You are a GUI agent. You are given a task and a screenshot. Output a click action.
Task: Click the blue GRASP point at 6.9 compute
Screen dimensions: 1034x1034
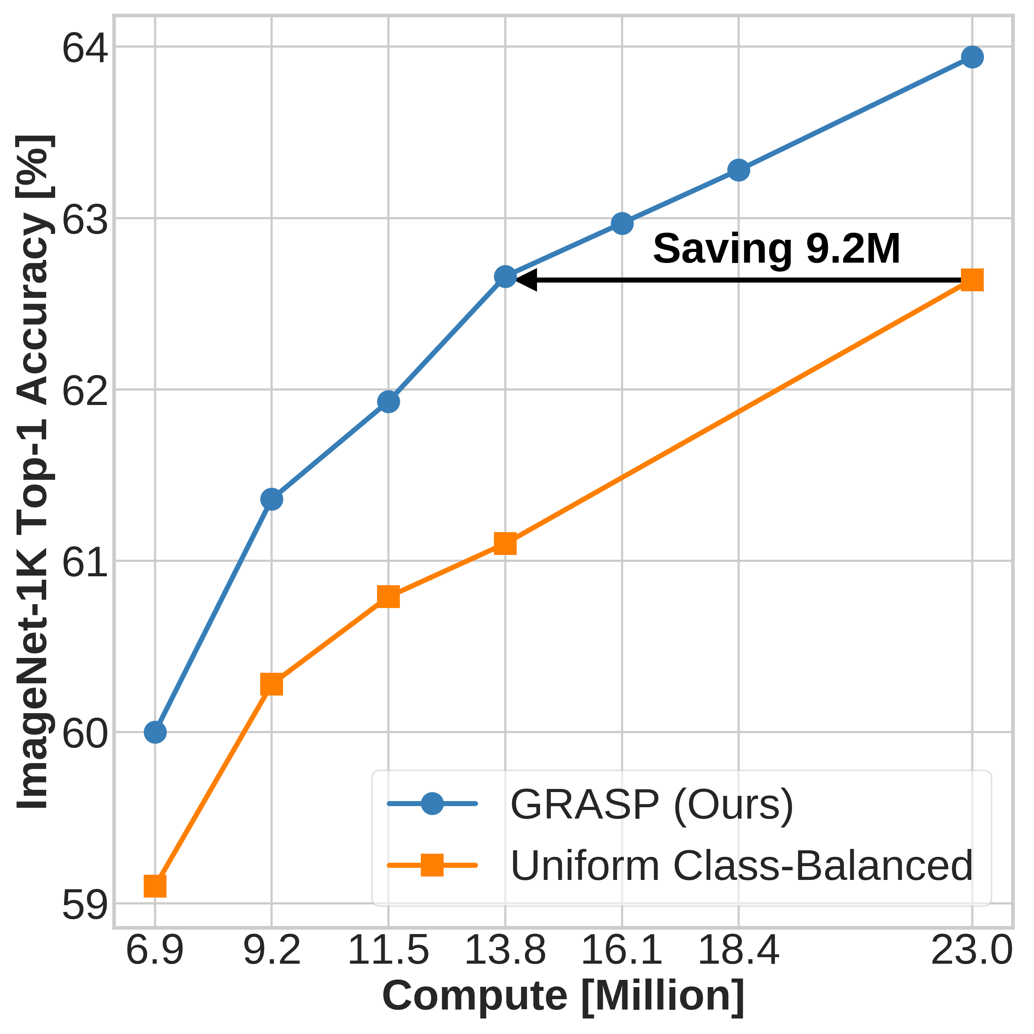point(155,732)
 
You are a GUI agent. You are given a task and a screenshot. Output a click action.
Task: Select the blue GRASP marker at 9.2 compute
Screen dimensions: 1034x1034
point(271,499)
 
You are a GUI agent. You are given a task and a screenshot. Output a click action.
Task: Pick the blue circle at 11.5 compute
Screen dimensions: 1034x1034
point(388,402)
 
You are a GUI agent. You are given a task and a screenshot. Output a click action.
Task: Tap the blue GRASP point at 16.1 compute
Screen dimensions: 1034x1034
point(622,223)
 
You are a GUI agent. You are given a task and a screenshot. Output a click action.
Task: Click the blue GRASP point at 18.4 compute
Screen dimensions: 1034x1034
point(739,170)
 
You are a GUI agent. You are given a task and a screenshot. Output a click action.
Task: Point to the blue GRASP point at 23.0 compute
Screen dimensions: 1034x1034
point(972,57)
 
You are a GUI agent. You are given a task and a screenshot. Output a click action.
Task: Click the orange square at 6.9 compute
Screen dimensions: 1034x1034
point(155,886)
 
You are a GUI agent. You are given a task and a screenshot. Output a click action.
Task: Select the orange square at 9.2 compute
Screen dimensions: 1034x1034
point(271,685)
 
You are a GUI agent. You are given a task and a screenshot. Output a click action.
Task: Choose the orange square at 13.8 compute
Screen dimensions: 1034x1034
point(505,544)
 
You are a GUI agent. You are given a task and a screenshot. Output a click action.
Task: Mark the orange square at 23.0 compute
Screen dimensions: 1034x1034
point(972,280)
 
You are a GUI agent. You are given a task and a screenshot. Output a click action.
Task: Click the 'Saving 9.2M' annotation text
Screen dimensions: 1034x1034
point(777,249)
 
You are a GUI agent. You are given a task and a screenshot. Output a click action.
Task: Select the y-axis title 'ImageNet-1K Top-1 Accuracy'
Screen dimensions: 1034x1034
point(33,471)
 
